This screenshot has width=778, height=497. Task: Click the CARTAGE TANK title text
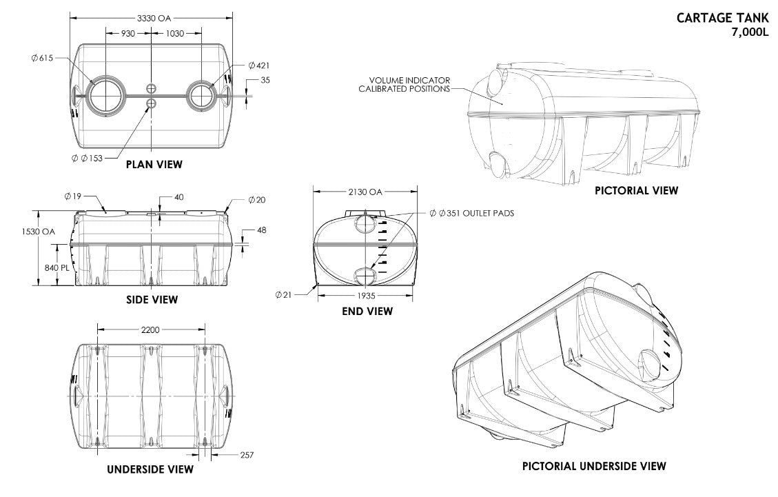722,19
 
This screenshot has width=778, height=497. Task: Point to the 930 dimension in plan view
127,33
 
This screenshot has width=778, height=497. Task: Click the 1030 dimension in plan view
175,33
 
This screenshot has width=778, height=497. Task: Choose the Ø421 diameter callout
259,65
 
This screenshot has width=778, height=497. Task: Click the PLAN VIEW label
154,164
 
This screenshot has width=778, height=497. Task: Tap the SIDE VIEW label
152,299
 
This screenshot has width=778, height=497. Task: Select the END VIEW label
367,312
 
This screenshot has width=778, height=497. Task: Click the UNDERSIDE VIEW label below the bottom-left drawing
150,469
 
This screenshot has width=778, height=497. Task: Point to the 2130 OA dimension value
366,192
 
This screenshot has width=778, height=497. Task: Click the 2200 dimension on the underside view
150,330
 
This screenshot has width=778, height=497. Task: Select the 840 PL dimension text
56,267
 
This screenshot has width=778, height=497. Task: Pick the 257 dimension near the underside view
247,456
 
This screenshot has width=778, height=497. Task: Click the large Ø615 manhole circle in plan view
105,94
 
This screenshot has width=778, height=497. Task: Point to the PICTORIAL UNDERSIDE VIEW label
593,466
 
